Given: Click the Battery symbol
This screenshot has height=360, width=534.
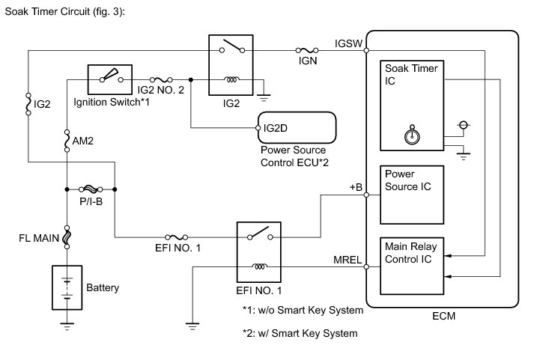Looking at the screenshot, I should tap(67, 287).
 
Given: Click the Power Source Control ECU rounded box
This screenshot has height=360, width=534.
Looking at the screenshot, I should tap(297, 128).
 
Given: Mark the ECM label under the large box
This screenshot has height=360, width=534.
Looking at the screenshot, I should tap(443, 317).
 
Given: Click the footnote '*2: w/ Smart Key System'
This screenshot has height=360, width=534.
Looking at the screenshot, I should tap(300, 333).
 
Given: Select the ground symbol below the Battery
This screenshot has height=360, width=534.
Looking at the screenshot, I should tap(67, 325).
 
